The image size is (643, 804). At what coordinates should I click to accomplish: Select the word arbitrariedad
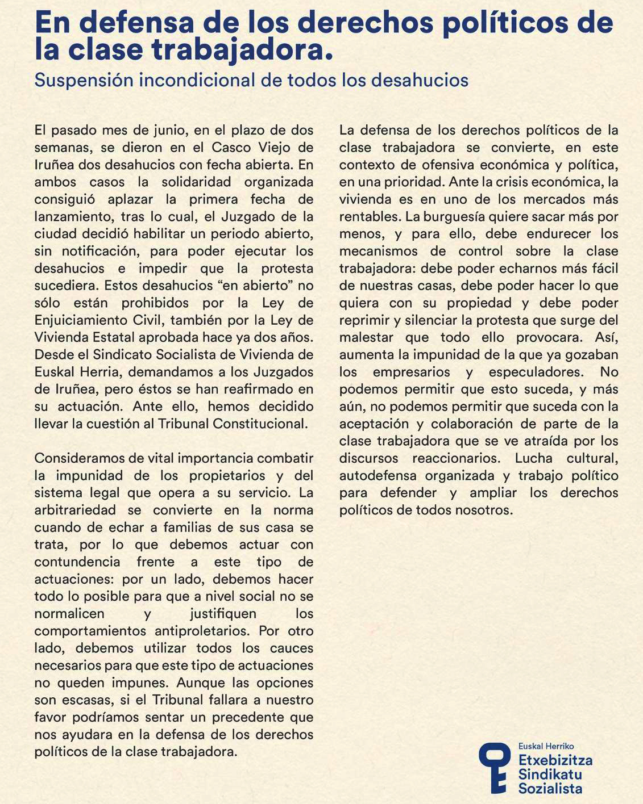[x=76, y=510]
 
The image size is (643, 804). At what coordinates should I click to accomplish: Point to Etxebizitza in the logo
[x=555, y=760]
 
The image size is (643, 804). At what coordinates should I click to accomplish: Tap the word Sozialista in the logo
[x=550, y=789]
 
